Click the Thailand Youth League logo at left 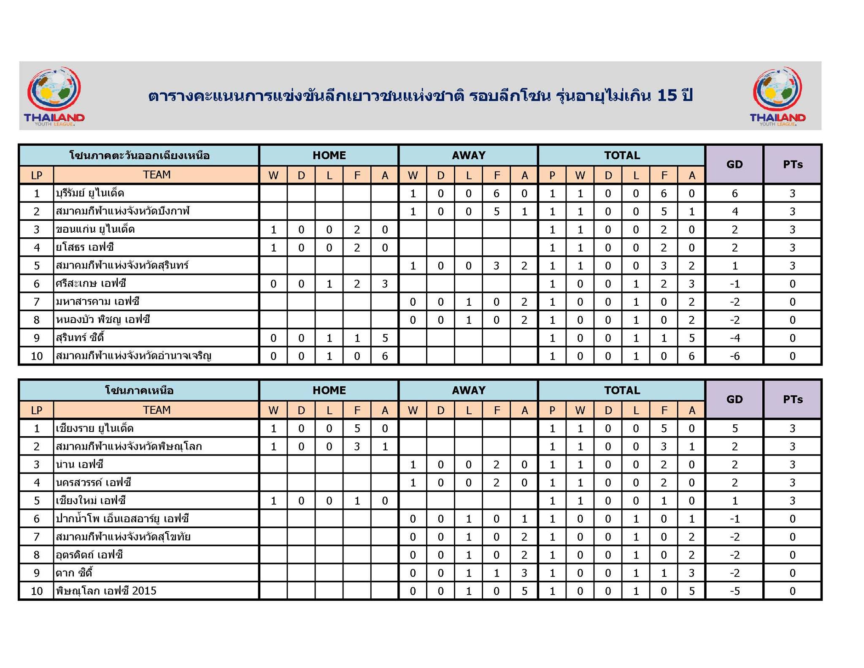[x=54, y=96]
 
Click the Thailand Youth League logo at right [x=778, y=96]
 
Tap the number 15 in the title [x=667, y=96]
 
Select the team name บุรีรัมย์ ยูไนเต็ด [x=90, y=193]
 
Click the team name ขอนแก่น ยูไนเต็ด [x=95, y=229]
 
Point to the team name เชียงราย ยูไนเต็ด [x=94, y=428]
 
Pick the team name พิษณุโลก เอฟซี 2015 [x=106, y=591]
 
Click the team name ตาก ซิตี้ [x=74, y=573]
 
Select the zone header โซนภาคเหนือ [x=139, y=390]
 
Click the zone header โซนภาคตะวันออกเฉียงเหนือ [x=139, y=155]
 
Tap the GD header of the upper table [x=734, y=164]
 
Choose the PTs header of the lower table [x=792, y=399]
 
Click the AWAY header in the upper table [x=468, y=155]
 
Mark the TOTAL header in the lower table [x=622, y=390]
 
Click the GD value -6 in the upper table [x=734, y=356]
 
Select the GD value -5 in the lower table [x=734, y=591]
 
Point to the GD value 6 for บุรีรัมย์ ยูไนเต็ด [x=734, y=193]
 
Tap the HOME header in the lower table [x=329, y=390]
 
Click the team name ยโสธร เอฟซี [x=85, y=247]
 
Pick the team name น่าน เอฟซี [x=79, y=464]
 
